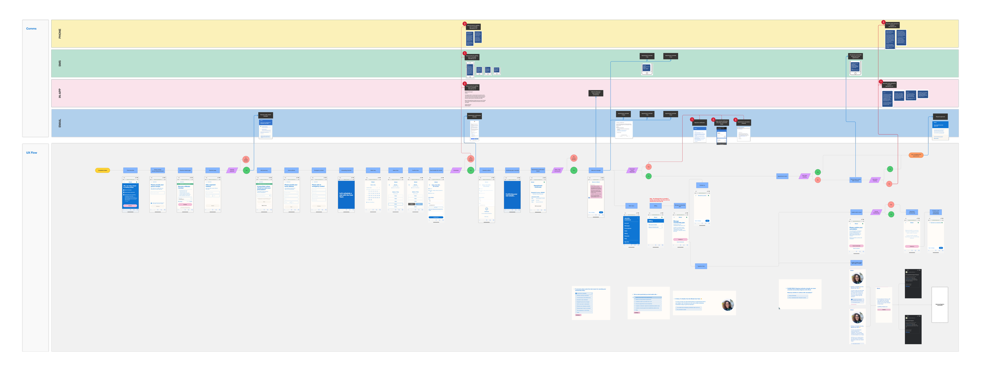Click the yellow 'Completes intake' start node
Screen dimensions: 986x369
click(103, 170)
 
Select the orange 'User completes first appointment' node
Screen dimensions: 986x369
click(916, 155)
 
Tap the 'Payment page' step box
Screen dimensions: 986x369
click(212, 170)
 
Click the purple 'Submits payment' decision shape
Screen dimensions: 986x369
click(232, 170)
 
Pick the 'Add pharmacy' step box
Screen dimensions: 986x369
click(264, 170)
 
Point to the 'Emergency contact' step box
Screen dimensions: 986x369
click(319, 170)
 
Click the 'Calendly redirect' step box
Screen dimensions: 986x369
click(486, 170)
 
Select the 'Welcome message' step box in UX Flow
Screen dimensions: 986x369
click(596, 170)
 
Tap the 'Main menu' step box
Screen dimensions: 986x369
click(631, 206)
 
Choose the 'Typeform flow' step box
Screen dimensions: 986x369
click(701, 266)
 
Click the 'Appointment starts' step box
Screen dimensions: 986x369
click(782, 176)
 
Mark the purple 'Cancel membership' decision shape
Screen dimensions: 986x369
click(876, 212)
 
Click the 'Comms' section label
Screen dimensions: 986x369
click(31, 29)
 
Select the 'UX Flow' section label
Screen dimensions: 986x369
click(32, 153)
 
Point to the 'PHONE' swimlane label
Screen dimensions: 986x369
click(60, 34)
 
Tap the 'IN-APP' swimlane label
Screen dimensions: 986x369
click(60, 93)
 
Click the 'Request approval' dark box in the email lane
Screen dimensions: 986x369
click(940, 117)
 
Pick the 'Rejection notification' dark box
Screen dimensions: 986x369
click(699, 123)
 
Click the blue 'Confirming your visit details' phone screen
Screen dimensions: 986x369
click(512, 195)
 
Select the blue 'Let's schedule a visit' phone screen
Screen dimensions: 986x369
click(346, 195)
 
